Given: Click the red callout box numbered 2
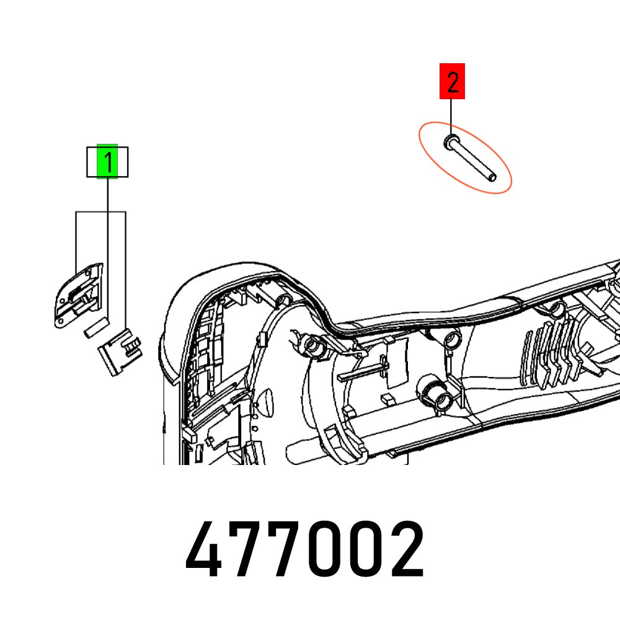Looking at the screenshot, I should coord(452,81).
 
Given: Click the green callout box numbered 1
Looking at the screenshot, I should coord(107,162).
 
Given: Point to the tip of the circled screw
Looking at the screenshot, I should coord(492,178).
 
